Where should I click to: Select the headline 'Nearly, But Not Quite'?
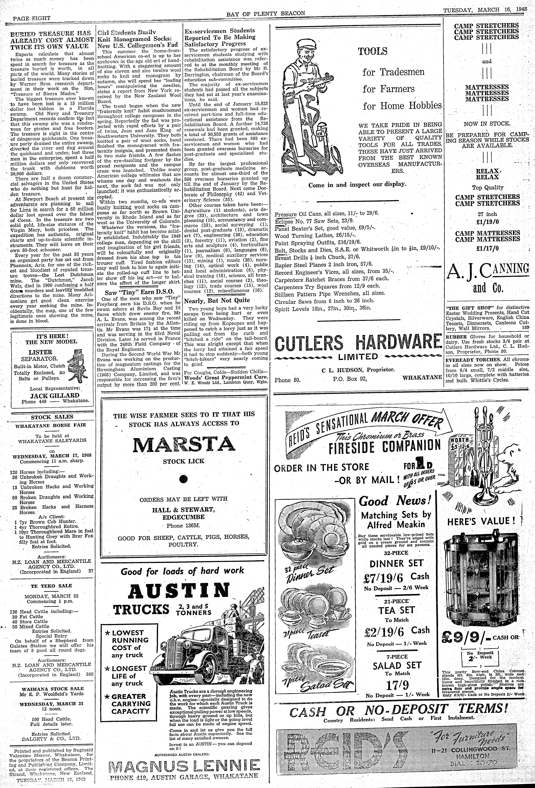tap(217, 300)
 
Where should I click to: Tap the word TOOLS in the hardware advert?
tap(373, 52)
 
